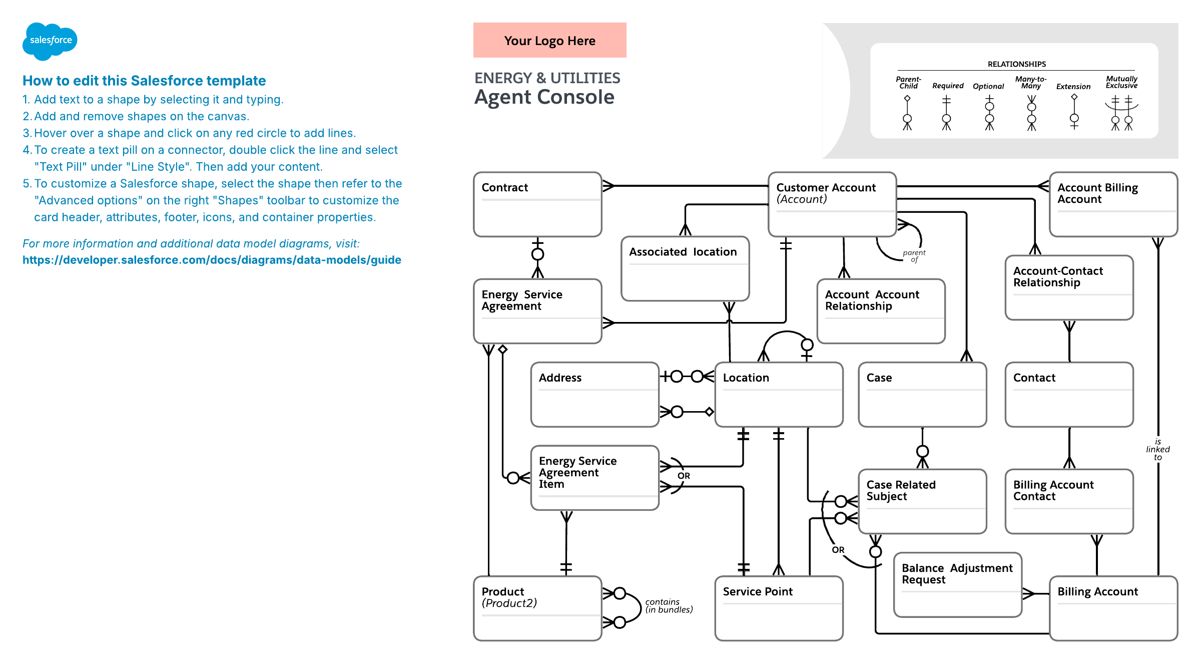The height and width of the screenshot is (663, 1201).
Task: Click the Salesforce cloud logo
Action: [x=50, y=41]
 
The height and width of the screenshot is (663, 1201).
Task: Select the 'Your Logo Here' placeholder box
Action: [x=549, y=41]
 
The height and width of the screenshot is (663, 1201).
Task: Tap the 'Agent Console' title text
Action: [x=544, y=97]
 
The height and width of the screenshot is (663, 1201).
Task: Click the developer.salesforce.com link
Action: [x=212, y=260]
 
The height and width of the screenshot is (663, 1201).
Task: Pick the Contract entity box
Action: [x=537, y=204]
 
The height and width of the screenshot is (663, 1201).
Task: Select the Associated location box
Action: [x=685, y=269]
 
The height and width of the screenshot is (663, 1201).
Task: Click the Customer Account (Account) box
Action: [x=832, y=204]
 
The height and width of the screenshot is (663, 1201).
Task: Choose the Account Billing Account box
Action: [x=1113, y=204]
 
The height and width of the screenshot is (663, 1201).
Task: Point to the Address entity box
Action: [x=594, y=395]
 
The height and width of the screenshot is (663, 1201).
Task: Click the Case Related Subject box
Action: [x=922, y=501]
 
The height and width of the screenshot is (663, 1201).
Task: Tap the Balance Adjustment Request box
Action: [x=957, y=585]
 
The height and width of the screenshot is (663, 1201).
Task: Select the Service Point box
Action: [x=779, y=608]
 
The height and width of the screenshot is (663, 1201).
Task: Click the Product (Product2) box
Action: [x=537, y=608]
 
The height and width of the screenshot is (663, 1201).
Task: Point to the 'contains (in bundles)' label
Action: [x=669, y=606]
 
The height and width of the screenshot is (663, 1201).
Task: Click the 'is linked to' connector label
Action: [x=1157, y=449]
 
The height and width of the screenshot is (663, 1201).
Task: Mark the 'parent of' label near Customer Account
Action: [x=914, y=256]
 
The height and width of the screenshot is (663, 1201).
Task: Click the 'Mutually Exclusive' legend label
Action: [x=1121, y=82]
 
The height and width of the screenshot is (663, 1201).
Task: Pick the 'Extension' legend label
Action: [x=1073, y=87]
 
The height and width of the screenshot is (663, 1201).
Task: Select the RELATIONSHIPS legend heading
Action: [x=1016, y=64]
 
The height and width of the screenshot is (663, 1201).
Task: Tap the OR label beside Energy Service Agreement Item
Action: [x=684, y=476]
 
